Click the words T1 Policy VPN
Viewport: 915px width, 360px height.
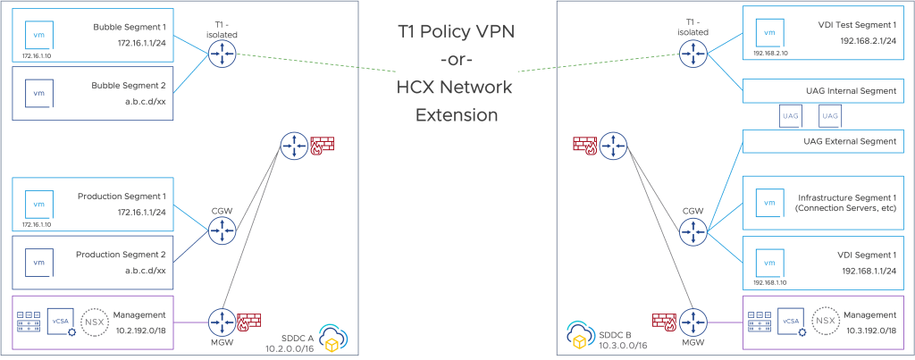[457, 32]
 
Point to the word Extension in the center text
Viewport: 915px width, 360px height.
[457, 115]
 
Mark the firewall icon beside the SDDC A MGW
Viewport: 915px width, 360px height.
[248, 319]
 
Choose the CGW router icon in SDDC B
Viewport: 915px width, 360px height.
[692, 232]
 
